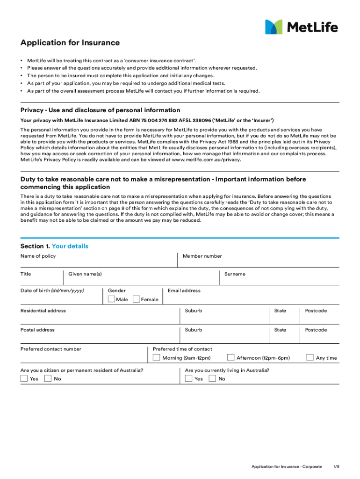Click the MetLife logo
(x=301, y=27)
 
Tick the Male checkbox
(x=111, y=299)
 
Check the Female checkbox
(x=137, y=299)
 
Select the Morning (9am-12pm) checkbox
(x=157, y=357)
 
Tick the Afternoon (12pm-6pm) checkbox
(x=230, y=357)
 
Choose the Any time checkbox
(x=310, y=357)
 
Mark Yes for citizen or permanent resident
(x=24, y=378)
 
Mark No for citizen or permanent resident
(x=48, y=378)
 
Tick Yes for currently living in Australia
(x=189, y=378)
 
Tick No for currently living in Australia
(x=212, y=378)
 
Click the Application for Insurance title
(x=70, y=43)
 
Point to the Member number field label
(x=202, y=256)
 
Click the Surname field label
(x=235, y=274)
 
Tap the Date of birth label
(x=52, y=290)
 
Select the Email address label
(x=184, y=290)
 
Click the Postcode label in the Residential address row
(x=316, y=311)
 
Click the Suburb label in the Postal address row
(x=194, y=330)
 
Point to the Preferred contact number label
(x=50, y=349)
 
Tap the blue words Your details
(x=70, y=246)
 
